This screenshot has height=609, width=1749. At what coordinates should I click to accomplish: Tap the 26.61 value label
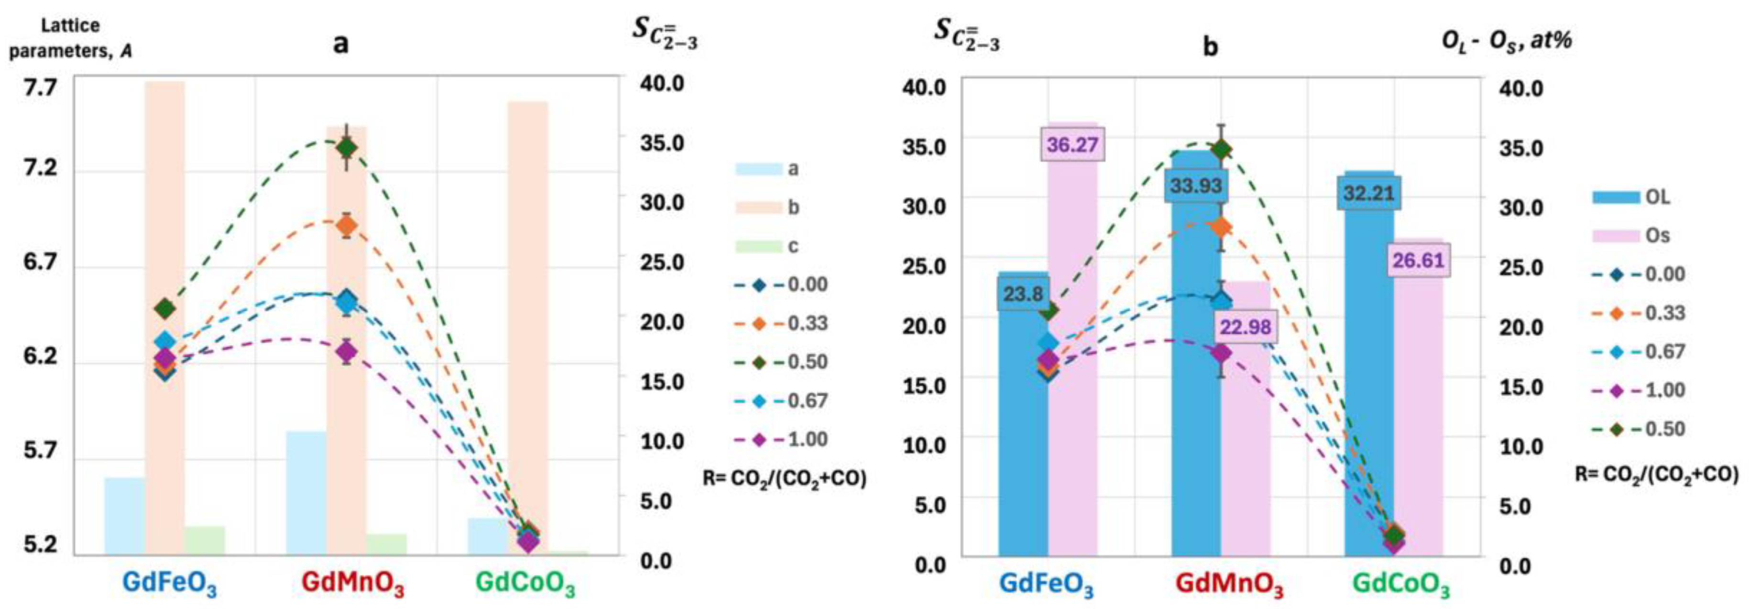tap(1418, 260)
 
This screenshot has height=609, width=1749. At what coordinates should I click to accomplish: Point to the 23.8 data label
tap(1023, 294)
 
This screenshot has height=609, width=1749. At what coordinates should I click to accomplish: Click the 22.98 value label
tap(1245, 327)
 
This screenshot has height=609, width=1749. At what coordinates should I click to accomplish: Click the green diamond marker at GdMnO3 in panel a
tap(347, 147)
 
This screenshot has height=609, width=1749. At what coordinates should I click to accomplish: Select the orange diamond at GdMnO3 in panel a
tap(347, 226)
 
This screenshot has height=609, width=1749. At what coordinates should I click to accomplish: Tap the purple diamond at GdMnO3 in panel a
tap(347, 351)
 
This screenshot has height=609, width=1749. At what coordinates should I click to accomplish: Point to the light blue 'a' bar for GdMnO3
tap(306, 492)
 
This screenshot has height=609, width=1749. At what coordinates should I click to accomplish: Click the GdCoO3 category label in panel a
tap(525, 583)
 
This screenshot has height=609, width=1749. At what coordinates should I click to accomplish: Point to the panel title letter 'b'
tap(1210, 46)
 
